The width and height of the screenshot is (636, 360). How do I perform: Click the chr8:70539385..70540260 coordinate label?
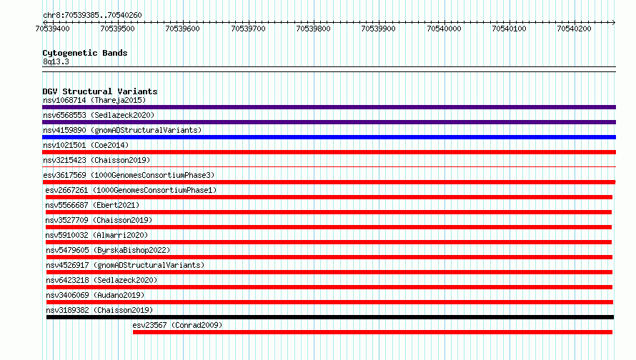point(92,16)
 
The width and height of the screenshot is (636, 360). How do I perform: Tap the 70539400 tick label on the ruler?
point(52,29)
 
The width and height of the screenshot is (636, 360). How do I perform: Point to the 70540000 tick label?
point(444,29)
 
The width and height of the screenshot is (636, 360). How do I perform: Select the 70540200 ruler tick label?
point(574,29)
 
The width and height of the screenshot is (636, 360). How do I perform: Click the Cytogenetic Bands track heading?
point(85,53)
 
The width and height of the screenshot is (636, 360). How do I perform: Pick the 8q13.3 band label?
point(56,61)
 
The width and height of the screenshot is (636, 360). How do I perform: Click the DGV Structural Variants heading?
point(100,91)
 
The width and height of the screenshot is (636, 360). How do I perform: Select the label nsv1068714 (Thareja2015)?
point(94,100)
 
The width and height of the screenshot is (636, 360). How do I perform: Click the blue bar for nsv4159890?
point(329,137)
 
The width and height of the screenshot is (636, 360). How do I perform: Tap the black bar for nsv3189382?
point(329,317)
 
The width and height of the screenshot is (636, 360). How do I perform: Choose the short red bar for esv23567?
point(372,332)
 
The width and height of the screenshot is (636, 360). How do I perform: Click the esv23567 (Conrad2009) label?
point(177,325)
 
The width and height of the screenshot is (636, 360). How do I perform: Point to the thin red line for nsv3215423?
point(329,166)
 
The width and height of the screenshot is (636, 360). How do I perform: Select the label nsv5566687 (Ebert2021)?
point(92,205)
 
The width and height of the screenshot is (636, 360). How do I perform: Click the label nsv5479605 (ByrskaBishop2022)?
point(108,250)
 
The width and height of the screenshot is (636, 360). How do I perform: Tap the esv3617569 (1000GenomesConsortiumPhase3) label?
point(129,175)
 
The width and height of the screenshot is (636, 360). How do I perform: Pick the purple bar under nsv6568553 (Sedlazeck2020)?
point(329,122)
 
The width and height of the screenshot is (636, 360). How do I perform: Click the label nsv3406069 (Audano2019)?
point(95,295)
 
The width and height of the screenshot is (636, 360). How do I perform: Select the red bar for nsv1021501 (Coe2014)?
point(329,152)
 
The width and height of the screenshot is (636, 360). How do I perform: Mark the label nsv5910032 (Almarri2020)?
point(96,235)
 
